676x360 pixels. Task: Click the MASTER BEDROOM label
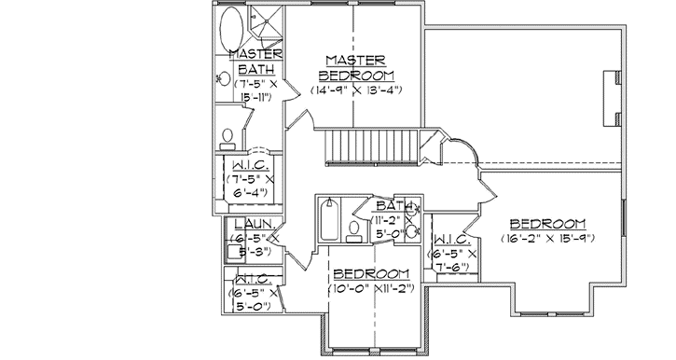click(x=356, y=67)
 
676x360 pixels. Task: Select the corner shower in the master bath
click(x=267, y=27)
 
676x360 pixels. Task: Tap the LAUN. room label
click(x=252, y=224)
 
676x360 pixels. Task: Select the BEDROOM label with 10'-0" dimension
click(x=372, y=273)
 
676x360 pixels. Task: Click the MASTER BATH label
click(x=252, y=62)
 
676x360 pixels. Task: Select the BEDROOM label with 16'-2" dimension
click(x=547, y=224)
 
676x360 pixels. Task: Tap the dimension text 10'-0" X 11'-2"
click(x=372, y=288)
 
